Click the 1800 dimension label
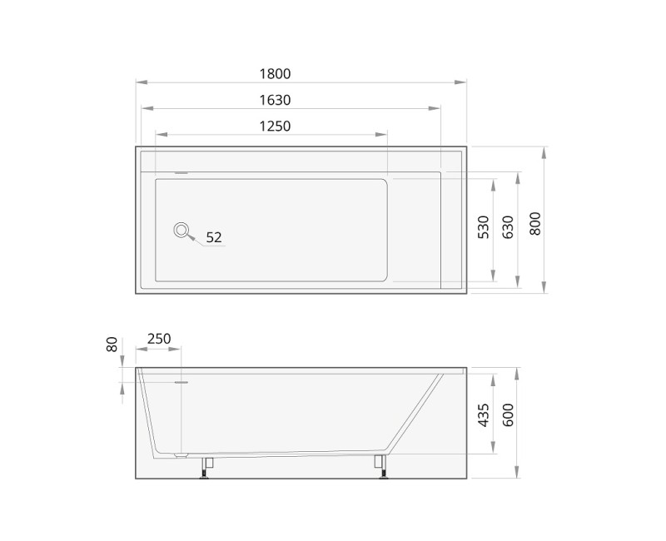(x=275, y=73)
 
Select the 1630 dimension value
(x=275, y=100)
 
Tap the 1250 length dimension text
(x=275, y=127)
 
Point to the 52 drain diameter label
(x=214, y=237)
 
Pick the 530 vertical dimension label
(x=484, y=226)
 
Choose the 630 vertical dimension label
(x=509, y=226)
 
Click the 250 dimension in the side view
(x=158, y=339)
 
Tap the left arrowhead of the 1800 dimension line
(x=140, y=82)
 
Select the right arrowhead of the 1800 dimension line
(x=462, y=82)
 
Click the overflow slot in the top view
(x=181, y=174)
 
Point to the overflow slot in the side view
(x=181, y=383)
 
